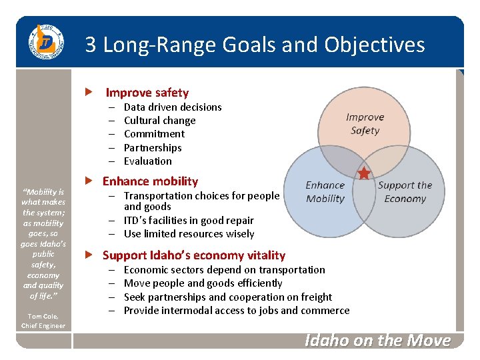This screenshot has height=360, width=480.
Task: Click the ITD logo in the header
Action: pyautogui.click(x=44, y=43)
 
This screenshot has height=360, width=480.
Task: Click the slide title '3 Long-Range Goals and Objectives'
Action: pyautogui.click(x=255, y=45)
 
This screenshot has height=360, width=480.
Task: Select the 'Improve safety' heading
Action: pyautogui.click(x=147, y=93)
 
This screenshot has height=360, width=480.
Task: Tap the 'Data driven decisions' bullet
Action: pyautogui.click(x=173, y=107)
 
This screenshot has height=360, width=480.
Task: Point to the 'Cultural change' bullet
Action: pyautogui.click(x=159, y=121)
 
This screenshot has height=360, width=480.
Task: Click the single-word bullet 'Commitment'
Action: pyautogui.click(x=154, y=134)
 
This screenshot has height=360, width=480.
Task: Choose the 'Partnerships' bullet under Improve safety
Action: pyautogui.click(x=153, y=147)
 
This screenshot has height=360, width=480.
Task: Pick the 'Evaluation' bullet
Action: pyautogui.click(x=147, y=161)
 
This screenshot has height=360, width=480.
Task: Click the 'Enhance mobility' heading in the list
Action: pyautogui.click(x=150, y=181)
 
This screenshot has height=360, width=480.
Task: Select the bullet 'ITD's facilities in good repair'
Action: pyautogui.click(x=189, y=220)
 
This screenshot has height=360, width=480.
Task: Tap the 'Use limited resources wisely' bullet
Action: pyautogui.click(x=189, y=234)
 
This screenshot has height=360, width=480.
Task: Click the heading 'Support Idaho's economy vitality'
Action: pyautogui.click(x=193, y=255)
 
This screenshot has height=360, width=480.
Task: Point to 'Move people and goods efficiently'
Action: pyautogui.click(x=203, y=283)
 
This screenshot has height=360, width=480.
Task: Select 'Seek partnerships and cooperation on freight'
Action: pyautogui.click(x=227, y=297)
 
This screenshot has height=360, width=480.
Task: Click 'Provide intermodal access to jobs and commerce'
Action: pyautogui.click(x=236, y=311)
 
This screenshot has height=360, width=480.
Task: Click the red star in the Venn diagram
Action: pyautogui.click(x=364, y=174)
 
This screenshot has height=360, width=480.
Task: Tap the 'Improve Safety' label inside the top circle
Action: pyautogui.click(x=365, y=123)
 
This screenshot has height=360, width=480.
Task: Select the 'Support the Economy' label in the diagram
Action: pyautogui.click(x=405, y=192)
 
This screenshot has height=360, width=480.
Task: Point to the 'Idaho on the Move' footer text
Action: pyautogui.click(x=377, y=341)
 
